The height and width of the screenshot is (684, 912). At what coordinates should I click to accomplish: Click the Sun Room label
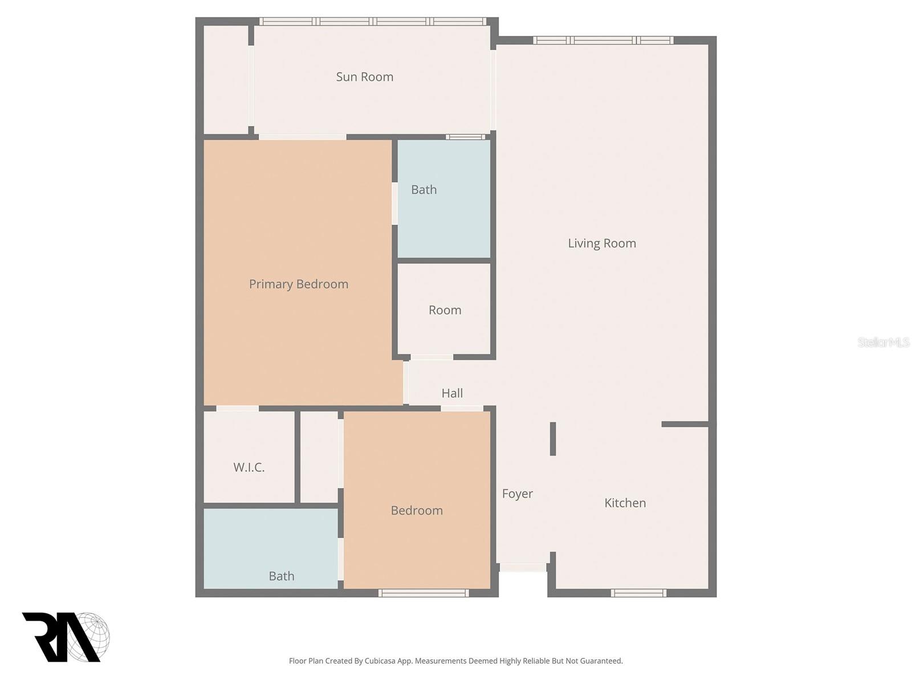click(x=365, y=77)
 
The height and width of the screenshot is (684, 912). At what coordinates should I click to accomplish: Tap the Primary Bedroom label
click(x=299, y=284)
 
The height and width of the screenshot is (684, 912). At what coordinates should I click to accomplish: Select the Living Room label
click(x=602, y=243)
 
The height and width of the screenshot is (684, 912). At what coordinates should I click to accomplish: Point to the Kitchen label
click(x=625, y=503)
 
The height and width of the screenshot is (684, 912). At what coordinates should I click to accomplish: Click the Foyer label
click(x=518, y=494)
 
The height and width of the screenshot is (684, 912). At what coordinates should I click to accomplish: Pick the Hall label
click(x=452, y=393)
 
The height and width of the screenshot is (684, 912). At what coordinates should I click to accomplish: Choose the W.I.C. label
click(x=249, y=467)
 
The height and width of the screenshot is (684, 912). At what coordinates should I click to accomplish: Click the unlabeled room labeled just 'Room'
click(x=445, y=310)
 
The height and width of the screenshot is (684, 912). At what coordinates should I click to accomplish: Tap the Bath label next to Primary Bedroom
click(x=424, y=190)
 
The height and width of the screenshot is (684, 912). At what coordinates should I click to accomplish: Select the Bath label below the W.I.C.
click(x=282, y=576)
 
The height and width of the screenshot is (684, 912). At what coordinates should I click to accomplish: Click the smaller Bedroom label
click(x=417, y=511)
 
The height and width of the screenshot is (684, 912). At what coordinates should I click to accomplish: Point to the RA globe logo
click(x=66, y=637)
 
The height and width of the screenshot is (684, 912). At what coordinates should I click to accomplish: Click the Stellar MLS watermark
click(x=883, y=342)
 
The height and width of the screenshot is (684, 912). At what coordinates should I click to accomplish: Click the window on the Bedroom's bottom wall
click(x=424, y=593)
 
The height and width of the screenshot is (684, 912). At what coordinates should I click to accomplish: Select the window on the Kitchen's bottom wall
click(x=638, y=593)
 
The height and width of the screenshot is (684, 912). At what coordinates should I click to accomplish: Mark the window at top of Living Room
click(x=603, y=40)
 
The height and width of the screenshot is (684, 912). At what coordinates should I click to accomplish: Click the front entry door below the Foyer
click(x=523, y=568)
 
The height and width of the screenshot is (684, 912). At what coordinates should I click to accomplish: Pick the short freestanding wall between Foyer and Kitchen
click(x=553, y=439)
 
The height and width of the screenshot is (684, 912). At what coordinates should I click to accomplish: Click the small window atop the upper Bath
click(x=465, y=137)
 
